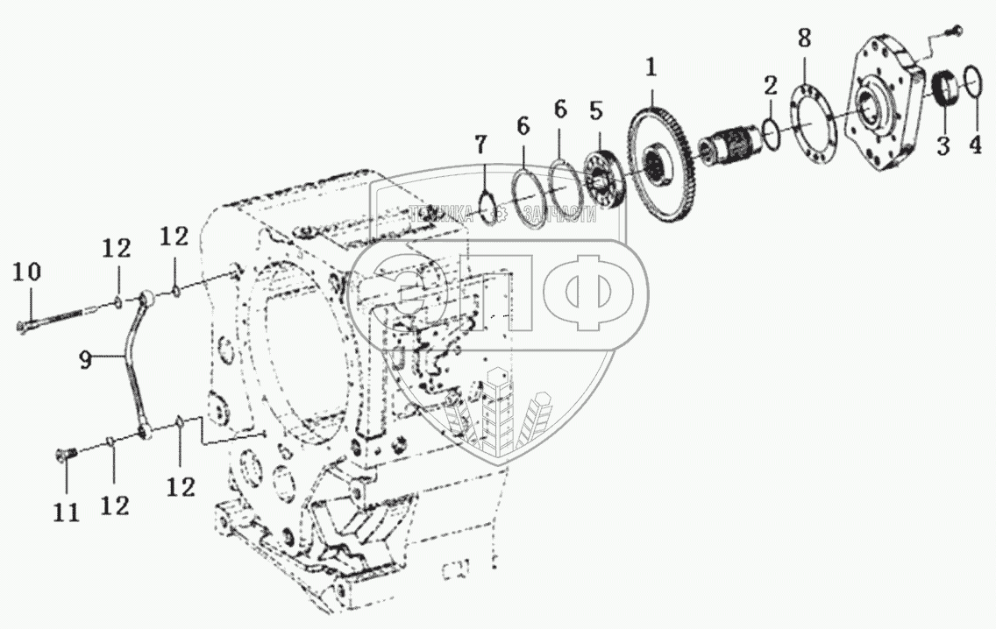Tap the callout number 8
[804, 39]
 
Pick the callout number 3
[943, 145]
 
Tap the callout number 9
[84, 360]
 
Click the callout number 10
[26, 272]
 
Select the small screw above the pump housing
[954, 32]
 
